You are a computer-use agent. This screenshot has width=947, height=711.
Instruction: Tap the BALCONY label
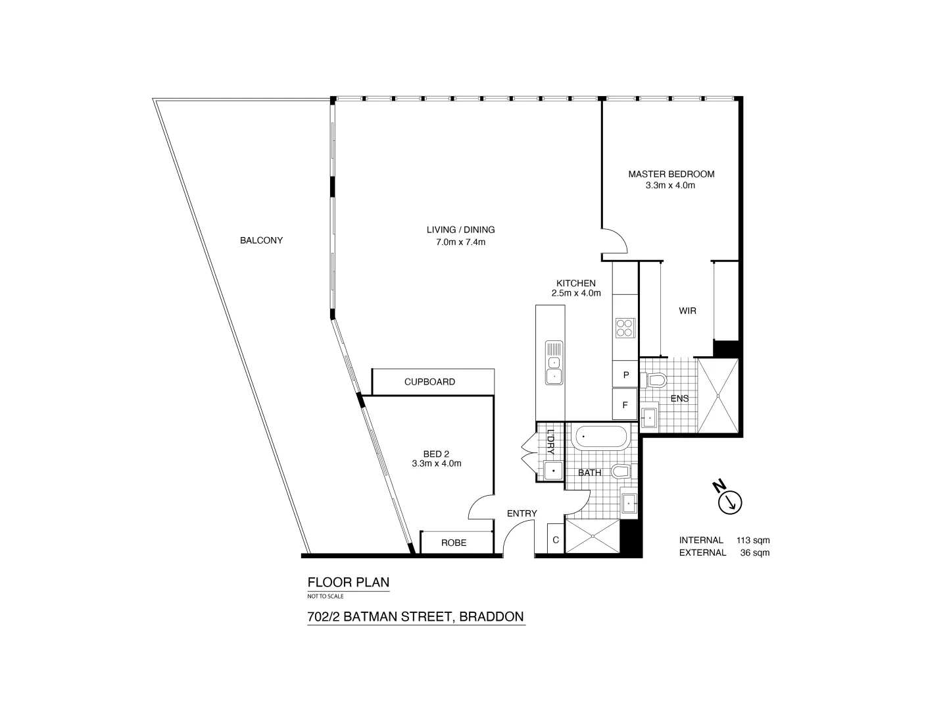[261, 240]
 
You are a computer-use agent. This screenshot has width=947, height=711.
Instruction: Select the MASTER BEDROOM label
[671, 174]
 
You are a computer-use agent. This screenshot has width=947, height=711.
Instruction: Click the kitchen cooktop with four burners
[625, 327]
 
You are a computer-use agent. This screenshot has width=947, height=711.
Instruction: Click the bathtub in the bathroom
[601, 437]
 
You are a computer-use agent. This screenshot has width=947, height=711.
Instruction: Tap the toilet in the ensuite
[656, 380]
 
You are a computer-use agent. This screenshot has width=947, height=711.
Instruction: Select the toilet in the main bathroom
[621, 471]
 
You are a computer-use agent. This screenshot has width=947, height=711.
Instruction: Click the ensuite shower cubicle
[717, 395]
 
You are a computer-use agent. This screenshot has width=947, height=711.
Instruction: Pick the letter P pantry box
[625, 375]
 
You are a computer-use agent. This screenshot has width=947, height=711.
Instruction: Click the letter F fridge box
[625, 406]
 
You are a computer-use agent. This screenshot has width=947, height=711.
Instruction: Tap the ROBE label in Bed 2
[454, 542]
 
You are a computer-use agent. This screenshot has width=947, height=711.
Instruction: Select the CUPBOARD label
[429, 382]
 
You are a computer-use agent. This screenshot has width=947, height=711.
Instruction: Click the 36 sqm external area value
[754, 552]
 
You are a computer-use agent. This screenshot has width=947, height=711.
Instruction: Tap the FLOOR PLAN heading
[349, 582]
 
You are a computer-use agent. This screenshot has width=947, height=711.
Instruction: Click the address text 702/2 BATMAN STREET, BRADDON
[416, 617]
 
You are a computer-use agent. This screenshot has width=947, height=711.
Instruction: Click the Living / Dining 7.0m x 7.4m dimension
[460, 242]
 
